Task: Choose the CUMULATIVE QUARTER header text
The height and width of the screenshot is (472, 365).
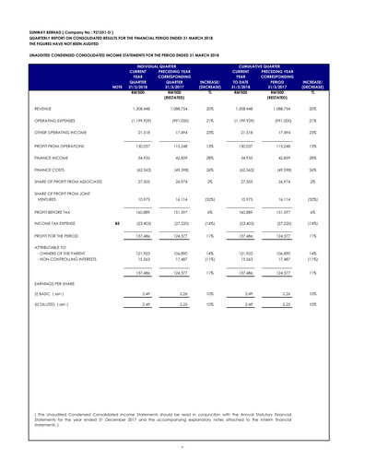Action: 281,90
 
